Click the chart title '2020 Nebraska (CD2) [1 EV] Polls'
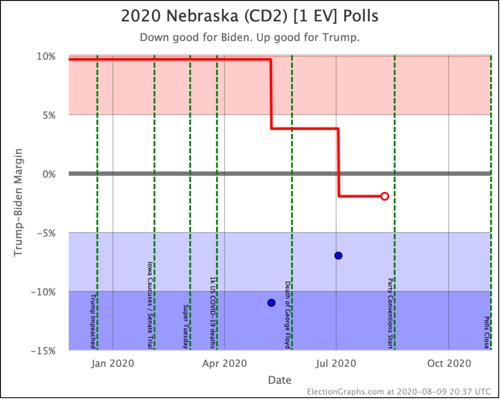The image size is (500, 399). (250, 16)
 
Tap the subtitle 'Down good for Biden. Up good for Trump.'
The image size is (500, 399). (250, 38)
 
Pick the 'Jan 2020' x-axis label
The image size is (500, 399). (113, 363)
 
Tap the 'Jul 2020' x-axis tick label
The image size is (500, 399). (336, 363)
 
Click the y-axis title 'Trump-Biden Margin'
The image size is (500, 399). (18, 202)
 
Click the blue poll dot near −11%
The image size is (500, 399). (271, 303)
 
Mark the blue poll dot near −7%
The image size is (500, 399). (338, 255)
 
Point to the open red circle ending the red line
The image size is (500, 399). (385, 196)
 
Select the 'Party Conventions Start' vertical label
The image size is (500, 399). (390, 314)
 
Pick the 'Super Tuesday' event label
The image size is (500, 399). (186, 326)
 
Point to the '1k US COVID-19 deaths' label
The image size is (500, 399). (212, 313)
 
